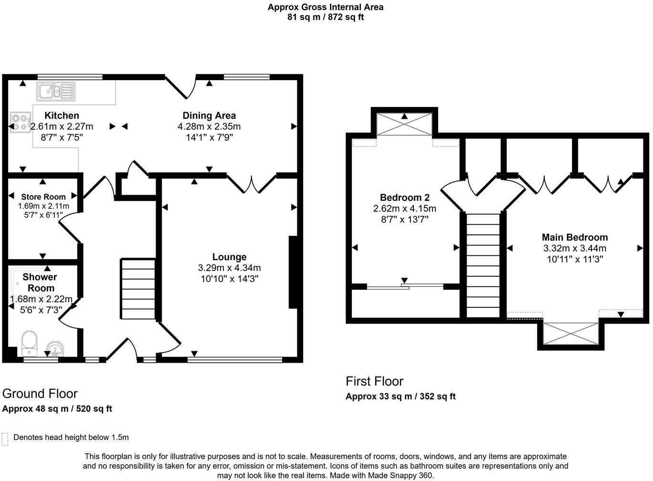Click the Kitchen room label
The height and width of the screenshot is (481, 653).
click(x=62, y=115)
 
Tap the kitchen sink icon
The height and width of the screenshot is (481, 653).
click(x=56, y=91)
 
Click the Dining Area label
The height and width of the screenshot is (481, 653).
click(x=209, y=115)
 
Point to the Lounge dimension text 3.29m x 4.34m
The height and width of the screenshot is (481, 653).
click(x=229, y=268)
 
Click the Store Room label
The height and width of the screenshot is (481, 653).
click(x=43, y=197)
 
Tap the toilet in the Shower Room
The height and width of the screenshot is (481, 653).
click(x=30, y=343)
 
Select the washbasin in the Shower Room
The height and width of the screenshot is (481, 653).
click(x=56, y=349)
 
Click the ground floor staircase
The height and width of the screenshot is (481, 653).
click(x=138, y=289)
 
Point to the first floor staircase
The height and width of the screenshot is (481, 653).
click(x=483, y=265)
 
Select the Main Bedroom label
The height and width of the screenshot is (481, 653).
click(x=575, y=237)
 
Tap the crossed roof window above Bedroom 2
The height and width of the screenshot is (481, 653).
click(x=405, y=125)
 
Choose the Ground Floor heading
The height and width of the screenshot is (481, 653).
click(x=40, y=394)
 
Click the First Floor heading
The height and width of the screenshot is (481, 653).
click(x=374, y=381)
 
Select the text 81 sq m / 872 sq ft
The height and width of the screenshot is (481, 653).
click(x=326, y=17)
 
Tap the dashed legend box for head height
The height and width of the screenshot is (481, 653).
click(x=5, y=439)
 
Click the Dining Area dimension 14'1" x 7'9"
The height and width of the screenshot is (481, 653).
click(x=209, y=137)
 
